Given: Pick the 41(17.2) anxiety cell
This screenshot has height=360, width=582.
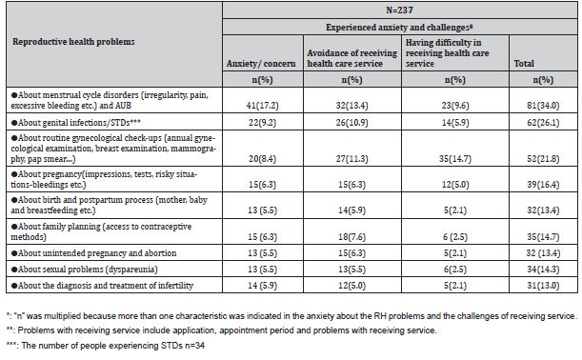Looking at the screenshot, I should coord(254,101).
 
